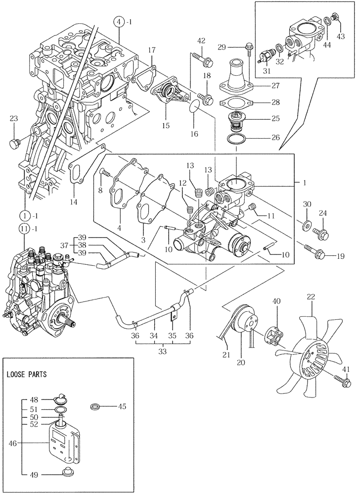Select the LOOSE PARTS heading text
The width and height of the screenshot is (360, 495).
[x=27, y=374]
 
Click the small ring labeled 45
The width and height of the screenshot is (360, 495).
[x=96, y=407]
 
